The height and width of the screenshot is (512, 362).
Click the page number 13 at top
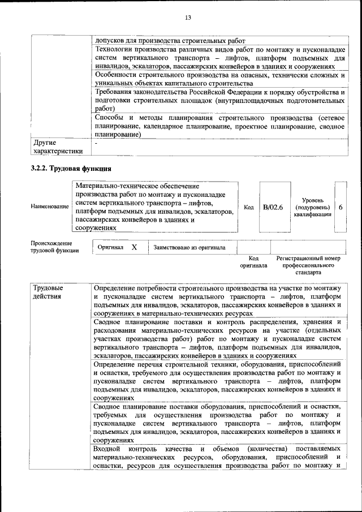(x=188, y=18)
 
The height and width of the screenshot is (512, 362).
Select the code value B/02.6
(x=273, y=207)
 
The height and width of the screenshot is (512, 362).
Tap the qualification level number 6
(x=341, y=207)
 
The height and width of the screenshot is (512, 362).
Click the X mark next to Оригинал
(x=134, y=247)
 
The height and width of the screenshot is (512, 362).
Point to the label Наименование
(x=50, y=207)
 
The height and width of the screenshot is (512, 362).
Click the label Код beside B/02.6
(x=248, y=207)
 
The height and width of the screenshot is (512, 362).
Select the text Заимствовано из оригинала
(x=189, y=247)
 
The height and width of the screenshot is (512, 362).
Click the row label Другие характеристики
(x=58, y=147)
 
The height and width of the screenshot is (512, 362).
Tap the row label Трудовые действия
(x=49, y=293)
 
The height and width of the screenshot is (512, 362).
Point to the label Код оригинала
(x=253, y=262)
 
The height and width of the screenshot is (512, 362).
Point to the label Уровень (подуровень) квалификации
(x=312, y=207)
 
